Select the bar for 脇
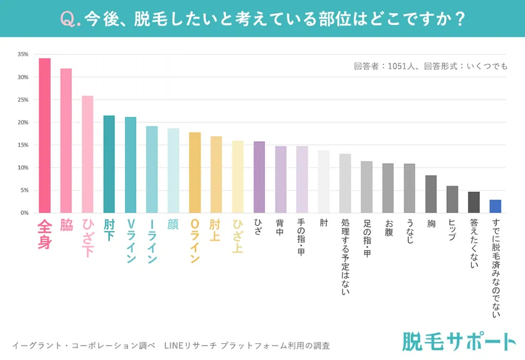(66, 141)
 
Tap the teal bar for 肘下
(109, 164)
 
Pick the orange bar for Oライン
(194, 172)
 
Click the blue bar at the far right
(495, 206)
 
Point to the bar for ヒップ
(452, 199)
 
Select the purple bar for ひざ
(259, 177)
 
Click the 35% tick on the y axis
(22, 54)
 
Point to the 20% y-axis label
(22, 122)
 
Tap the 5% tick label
(24, 190)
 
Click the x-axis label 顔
(173, 224)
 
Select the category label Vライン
(131, 241)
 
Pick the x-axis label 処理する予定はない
(345, 256)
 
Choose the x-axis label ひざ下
(87, 237)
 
